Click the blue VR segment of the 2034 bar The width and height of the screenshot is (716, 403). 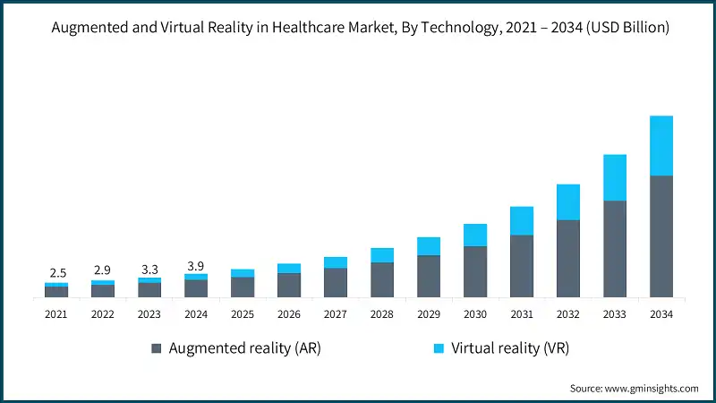point(661,146)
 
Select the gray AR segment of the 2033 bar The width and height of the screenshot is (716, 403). point(614,248)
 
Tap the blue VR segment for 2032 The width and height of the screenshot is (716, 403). point(567,202)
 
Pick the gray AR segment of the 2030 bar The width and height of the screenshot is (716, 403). point(474,271)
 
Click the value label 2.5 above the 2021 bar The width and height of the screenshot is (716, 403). point(55,272)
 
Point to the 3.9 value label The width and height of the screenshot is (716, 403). point(195,265)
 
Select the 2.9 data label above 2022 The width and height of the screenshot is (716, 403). point(102,270)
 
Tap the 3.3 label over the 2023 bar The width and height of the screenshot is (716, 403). point(149,269)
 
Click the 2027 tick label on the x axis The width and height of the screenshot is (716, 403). point(335,314)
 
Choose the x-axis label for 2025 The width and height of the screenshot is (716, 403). point(242,314)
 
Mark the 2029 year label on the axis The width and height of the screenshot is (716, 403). point(428,314)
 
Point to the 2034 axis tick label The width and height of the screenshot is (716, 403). point(661,314)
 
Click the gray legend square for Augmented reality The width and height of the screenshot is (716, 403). point(158,348)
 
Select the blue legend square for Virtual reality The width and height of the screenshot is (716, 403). point(439,348)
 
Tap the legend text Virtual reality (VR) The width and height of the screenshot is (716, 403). point(510,348)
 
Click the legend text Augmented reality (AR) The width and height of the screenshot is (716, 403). point(244,348)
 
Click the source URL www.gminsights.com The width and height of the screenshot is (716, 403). point(652,388)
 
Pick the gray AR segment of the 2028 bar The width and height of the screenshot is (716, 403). point(381,279)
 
